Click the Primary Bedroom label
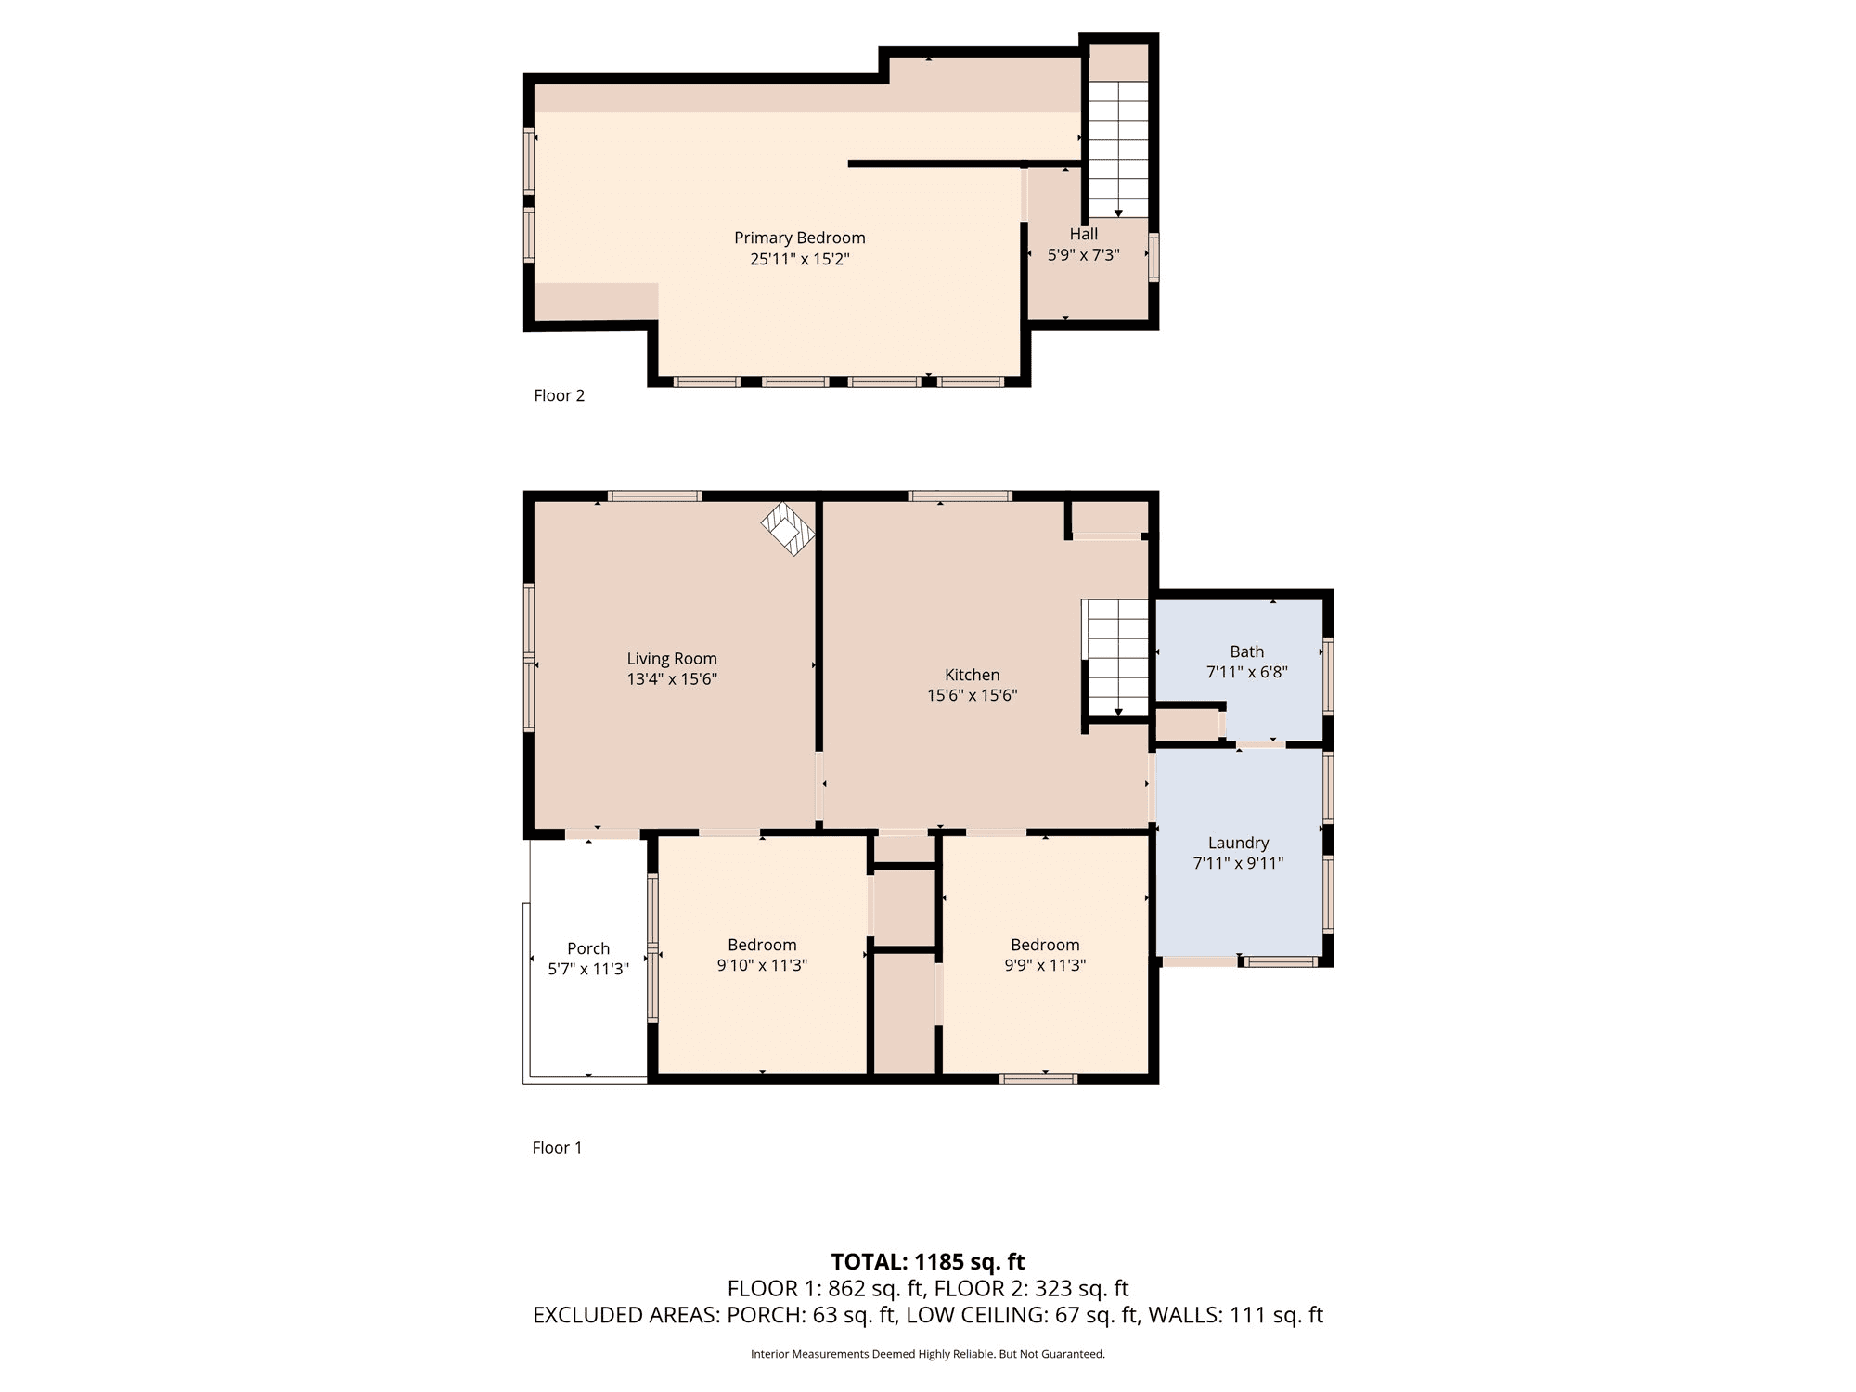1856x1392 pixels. point(799,238)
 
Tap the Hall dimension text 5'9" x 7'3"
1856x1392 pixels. point(1083,255)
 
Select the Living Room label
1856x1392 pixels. point(672,659)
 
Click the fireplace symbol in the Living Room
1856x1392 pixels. point(788,529)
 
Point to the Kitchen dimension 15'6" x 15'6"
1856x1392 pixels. point(972,695)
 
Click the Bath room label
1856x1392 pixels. point(1246,651)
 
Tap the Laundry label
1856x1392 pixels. point(1238,843)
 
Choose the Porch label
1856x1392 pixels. point(588,948)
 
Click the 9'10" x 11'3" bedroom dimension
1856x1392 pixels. point(762,965)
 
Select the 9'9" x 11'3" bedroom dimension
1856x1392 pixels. point(1045,965)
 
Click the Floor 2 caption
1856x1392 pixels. point(559,395)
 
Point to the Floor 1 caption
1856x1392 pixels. point(557,1148)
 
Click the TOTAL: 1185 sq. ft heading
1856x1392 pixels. point(928,1262)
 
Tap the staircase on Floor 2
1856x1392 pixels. point(1118,148)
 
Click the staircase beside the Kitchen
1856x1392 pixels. point(1118,658)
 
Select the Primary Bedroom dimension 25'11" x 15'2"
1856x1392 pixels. point(799,259)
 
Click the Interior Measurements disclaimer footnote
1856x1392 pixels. point(928,1354)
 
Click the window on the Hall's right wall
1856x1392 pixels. point(1154,257)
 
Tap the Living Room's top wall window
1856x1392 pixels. point(654,496)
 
